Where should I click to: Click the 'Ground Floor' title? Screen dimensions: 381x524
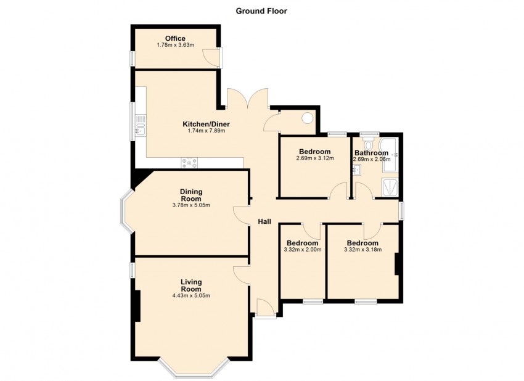point(261,10)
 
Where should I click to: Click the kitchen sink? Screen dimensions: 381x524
point(140,129)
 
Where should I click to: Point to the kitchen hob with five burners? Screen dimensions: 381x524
point(189,163)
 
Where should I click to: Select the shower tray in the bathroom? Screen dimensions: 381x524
point(390,187)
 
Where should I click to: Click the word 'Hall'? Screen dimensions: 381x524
point(264,221)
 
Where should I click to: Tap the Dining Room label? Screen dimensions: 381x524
point(191,195)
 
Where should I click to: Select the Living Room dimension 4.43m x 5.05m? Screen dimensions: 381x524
point(191,295)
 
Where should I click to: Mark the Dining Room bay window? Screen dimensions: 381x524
point(126,211)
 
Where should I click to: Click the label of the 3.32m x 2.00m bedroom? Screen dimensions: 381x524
point(301,243)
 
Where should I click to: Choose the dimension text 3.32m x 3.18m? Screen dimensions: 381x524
point(362,250)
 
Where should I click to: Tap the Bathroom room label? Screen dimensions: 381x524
point(370,152)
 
